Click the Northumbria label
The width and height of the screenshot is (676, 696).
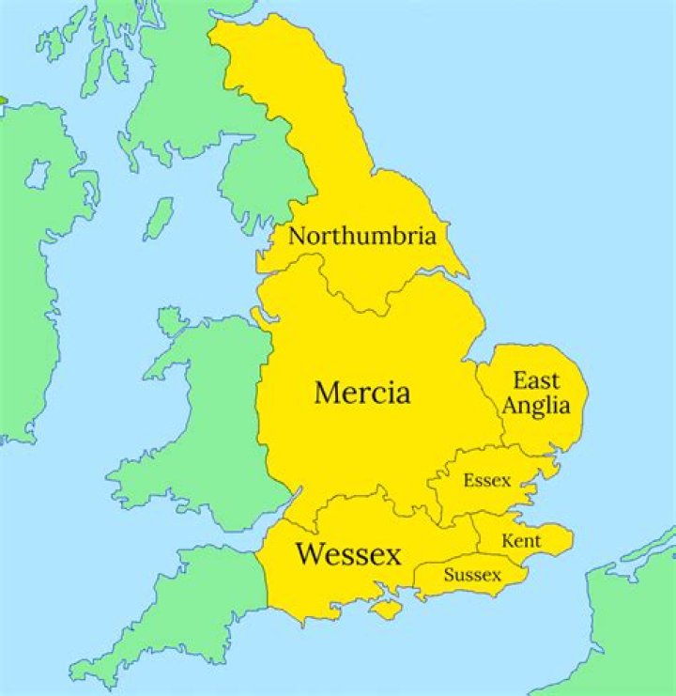pyautogui.click(x=361, y=236)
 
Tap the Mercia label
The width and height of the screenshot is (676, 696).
pyautogui.click(x=362, y=392)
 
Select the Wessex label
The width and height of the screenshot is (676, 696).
pyautogui.click(x=348, y=554)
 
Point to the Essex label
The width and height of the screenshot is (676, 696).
pyautogui.click(x=487, y=481)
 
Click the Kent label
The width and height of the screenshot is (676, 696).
pyautogui.click(x=521, y=541)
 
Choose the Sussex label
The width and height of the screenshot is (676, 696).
pyautogui.click(x=472, y=574)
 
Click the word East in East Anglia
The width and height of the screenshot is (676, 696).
pyautogui.click(x=536, y=380)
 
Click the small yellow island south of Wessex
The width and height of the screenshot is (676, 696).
pyautogui.click(x=385, y=610)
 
